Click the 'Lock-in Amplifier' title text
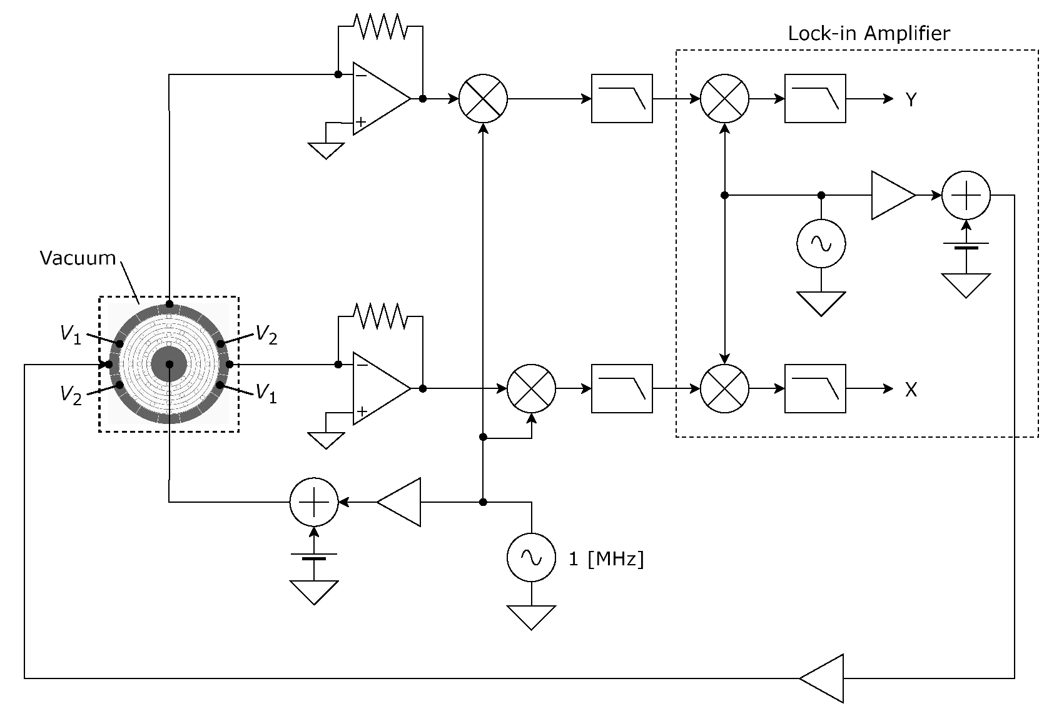click(868, 33)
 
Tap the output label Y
click(911, 99)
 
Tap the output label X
click(911, 390)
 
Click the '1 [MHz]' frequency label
click(605, 558)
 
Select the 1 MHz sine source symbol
click(531, 558)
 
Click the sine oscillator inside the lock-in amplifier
click(821, 244)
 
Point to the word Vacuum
click(78, 258)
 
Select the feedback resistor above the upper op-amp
click(380, 26)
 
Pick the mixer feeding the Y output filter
click(724, 99)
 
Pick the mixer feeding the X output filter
click(724, 389)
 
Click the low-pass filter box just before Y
click(814, 99)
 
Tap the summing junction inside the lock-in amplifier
click(966, 195)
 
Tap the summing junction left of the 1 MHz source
click(314, 502)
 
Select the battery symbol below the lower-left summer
click(314, 557)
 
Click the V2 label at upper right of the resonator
click(266, 336)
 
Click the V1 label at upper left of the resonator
click(71, 335)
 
